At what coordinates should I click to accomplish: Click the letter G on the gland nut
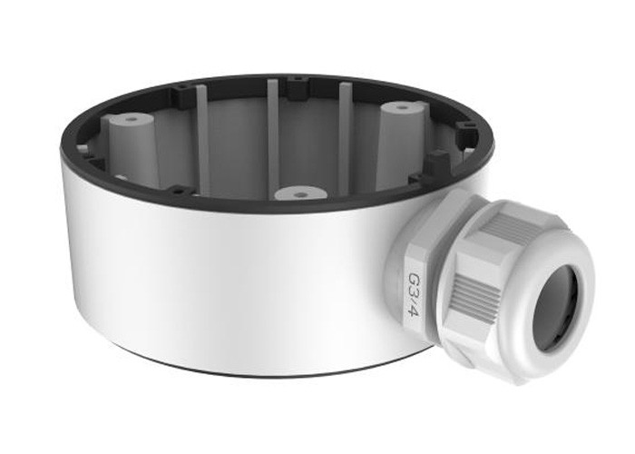(415, 281)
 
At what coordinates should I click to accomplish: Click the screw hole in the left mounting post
(130, 120)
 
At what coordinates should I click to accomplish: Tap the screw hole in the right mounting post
(402, 108)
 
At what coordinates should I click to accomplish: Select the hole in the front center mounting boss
(299, 194)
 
